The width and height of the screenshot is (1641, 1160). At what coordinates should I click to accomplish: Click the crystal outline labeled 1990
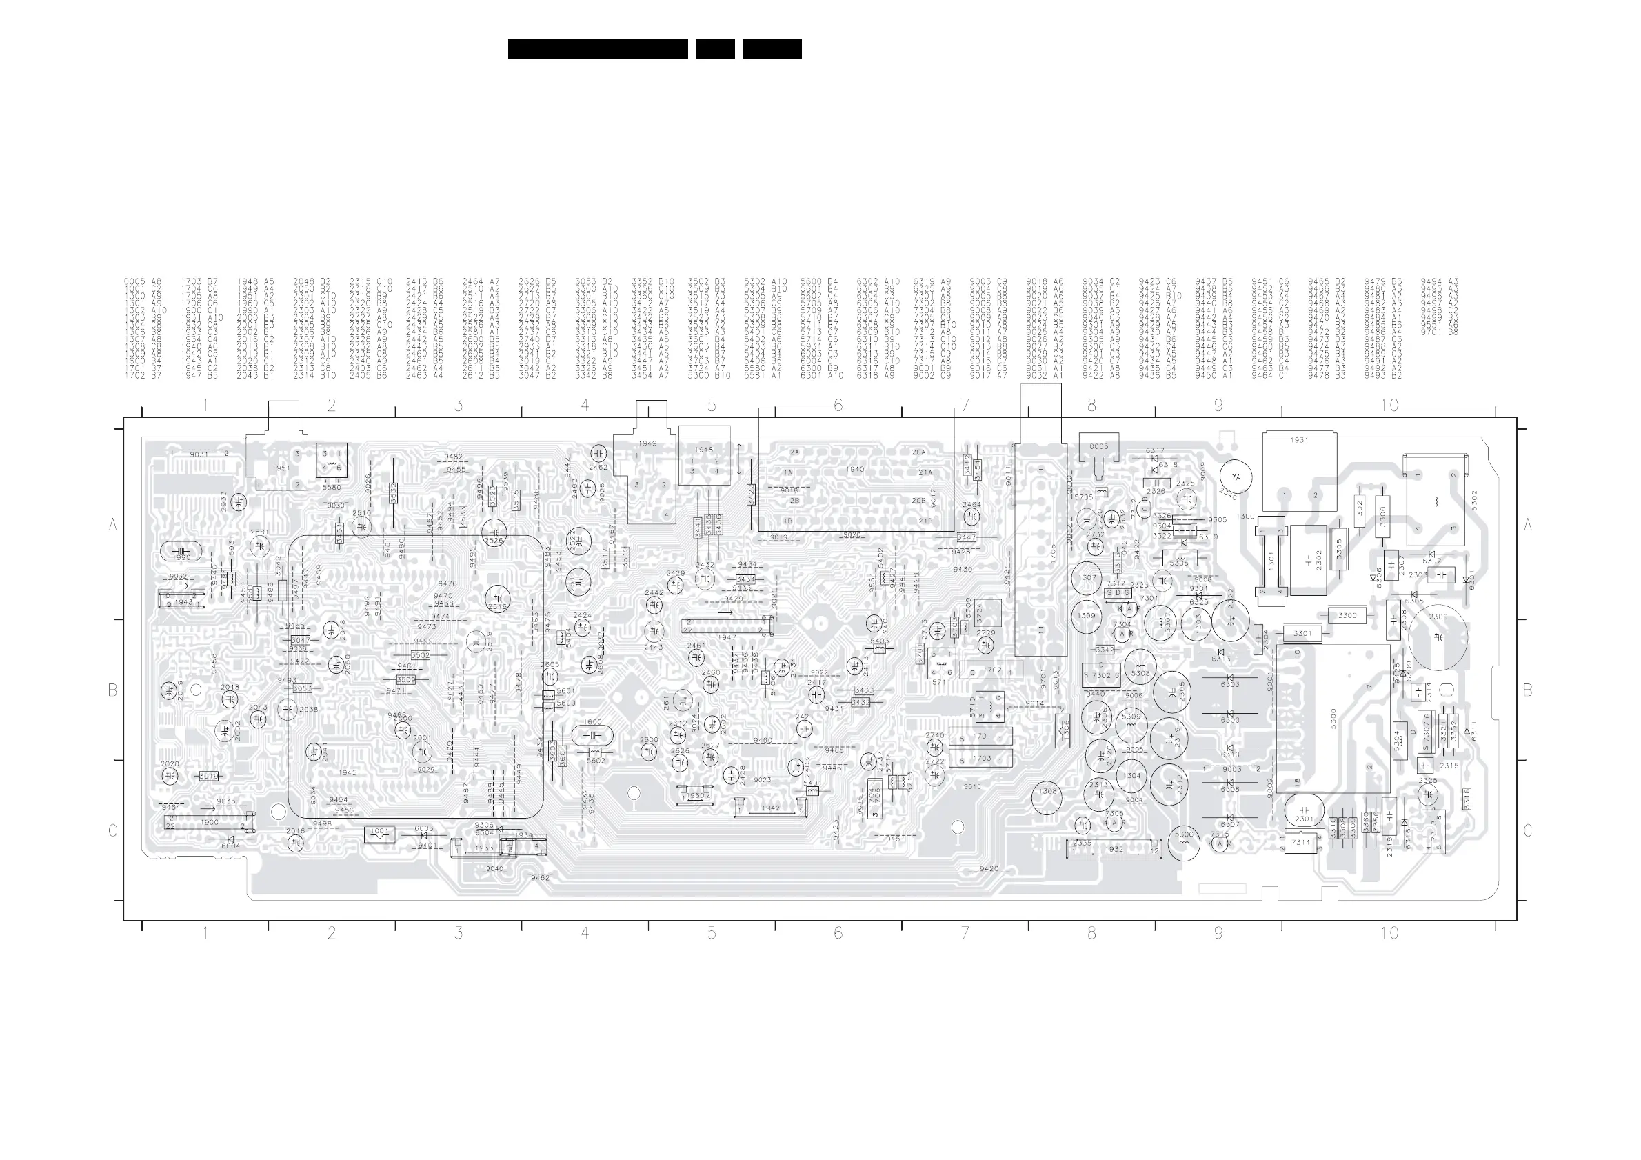tap(181, 551)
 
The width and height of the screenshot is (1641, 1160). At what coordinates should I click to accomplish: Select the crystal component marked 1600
tap(592, 735)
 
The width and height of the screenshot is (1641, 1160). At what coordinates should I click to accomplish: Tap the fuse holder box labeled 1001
tap(379, 833)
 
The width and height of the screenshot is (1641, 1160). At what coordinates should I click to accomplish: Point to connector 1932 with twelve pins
tap(1114, 849)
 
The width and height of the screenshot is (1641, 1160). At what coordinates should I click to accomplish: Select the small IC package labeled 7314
tap(1300, 843)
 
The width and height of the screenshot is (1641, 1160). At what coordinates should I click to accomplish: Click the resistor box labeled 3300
tap(1347, 615)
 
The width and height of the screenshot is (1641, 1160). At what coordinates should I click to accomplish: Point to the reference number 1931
tap(1300, 440)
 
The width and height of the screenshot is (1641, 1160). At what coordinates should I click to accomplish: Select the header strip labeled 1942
tap(770, 808)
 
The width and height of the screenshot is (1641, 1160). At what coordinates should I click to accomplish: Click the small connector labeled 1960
tap(696, 794)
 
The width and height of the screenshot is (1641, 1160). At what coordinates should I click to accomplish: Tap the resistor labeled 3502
tap(421, 655)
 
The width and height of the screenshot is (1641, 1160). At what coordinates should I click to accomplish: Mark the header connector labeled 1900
tap(210, 823)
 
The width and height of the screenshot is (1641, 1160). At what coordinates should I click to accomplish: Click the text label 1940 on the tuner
tap(855, 470)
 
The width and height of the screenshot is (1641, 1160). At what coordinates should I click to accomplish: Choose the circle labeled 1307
tap(1087, 577)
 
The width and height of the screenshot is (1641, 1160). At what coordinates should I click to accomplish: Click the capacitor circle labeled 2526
tap(494, 534)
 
